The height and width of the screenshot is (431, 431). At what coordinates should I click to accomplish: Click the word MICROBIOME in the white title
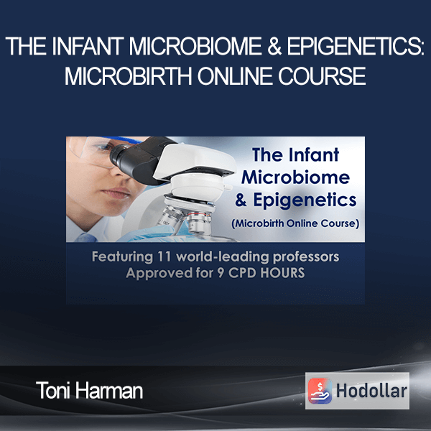(x=195, y=46)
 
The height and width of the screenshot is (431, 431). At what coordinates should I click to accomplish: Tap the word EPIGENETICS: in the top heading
(x=356, y=46)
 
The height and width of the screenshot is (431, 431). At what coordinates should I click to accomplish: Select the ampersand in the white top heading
(x=274, y=46)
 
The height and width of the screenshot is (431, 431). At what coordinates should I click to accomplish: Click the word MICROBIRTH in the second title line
(x=128, y=76)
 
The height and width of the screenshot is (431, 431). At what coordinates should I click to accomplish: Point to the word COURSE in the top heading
(x=322, y=76)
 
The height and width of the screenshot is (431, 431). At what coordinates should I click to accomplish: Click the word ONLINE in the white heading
(x=236, y=76)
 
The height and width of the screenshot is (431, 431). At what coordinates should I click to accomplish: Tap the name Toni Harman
(x=89, y=390)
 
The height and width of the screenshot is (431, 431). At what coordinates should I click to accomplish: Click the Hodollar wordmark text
(x=371, y=391)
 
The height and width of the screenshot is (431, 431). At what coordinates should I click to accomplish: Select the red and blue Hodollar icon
(x=320, y=391)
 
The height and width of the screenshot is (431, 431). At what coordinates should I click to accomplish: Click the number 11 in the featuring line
(x=164, y=256)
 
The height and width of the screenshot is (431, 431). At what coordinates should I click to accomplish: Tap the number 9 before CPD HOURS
(x=221, y=273)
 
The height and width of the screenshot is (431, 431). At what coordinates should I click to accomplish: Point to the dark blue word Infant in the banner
(x=314, y=154)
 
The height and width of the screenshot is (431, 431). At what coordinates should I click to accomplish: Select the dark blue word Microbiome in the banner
(x=295, y=177)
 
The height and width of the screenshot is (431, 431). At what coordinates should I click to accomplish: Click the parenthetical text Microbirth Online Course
(x=295, y=223)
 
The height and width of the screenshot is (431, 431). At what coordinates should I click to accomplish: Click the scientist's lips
(x=117, y=193)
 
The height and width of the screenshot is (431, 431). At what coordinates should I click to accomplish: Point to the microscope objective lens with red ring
(x=198, y=221)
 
